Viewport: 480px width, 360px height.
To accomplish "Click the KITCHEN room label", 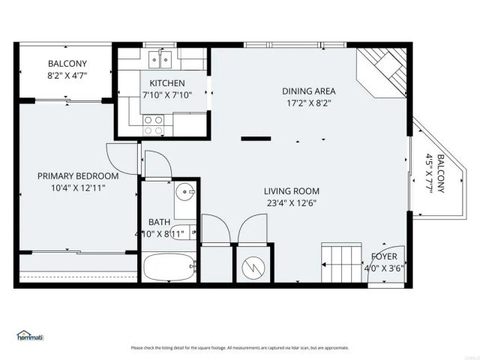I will coord(166,83).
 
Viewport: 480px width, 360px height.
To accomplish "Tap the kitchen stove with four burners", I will coord(154,124).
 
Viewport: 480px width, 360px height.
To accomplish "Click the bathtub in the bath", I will coord(168,266).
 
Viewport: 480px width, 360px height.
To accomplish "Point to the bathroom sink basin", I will coord(185,193).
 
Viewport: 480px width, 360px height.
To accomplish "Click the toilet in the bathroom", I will coord(187,232).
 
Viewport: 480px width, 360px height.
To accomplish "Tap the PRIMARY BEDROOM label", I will coord(78,176).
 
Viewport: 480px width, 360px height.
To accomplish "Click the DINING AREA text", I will coord(307,91).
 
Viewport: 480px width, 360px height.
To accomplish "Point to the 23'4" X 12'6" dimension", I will coord(291,202).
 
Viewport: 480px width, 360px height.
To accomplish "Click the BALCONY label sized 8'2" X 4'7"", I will coord(67,64).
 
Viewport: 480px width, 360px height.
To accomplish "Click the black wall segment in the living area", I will coord(256,138).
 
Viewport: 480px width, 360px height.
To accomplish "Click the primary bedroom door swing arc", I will coord(120,155).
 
